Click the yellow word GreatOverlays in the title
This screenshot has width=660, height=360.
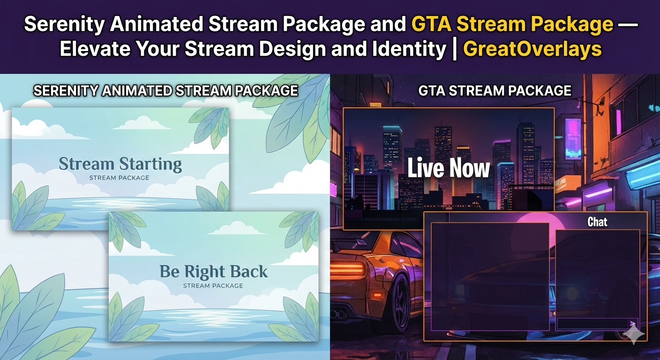tap(532, 49)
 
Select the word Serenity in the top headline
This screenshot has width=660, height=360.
tap(64, 24)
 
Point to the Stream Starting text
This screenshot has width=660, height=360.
tap(120, 165)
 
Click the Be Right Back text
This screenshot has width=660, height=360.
tap(214, 271)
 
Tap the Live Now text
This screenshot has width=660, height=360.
tap(449, 168)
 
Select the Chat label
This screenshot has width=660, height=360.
tap(597, 222)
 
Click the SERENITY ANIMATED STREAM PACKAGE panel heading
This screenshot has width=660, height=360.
tap(165, 90)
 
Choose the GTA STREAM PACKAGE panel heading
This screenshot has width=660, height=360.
tap(495, 90)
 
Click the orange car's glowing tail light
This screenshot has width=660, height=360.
tap(348, 269)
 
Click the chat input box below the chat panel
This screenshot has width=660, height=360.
tap(598, 323)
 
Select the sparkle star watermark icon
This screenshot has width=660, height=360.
tap(633, 333)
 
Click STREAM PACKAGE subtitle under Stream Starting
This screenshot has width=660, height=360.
tap(120, 178)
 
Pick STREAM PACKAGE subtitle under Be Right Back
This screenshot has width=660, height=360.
tap(213, 286)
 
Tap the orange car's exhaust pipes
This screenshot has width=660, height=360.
tap(337, 315)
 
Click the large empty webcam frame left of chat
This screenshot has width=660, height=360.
tap(490, 277)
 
